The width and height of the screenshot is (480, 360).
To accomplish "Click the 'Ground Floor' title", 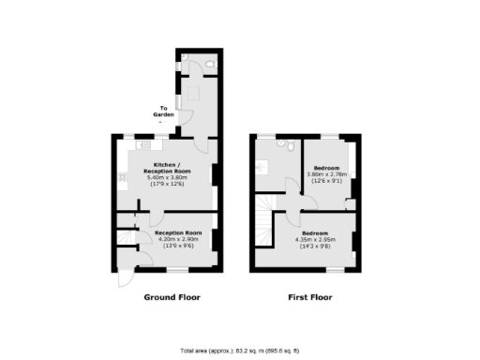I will pyautogui.click(x=171, y=297).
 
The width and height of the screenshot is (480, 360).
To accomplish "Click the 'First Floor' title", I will pyautogui.click(x=308, y=297).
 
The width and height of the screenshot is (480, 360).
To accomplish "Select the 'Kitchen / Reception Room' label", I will pyautogui.click(x=167, y=169).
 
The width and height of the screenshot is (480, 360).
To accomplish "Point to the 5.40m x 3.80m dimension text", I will pyautogui.click(x=167, y=178).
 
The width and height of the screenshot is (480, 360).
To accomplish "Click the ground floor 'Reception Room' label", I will pyautogui.click(x=178, y=232).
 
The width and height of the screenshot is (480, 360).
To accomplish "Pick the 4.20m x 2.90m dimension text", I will pyautogui.click(x=178, y=239).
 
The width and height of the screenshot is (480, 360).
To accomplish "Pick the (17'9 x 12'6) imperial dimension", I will pyautogui.click(x=167, y=185).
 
